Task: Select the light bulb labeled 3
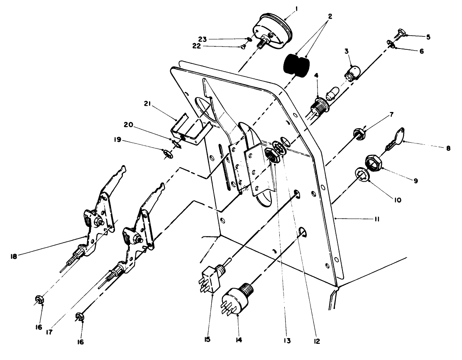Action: tap(352, 73)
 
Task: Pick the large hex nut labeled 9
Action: tap(374, 163)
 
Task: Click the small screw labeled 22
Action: tap(243, 47)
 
